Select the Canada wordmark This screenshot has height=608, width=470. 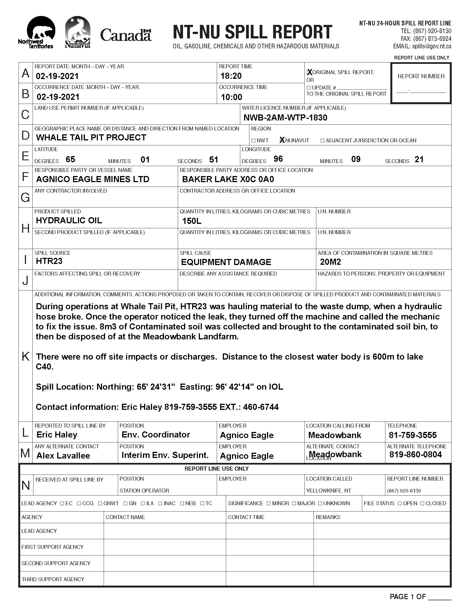pyautogui.click(x=126, y=35)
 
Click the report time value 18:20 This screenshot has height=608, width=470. pyautogui.click(x=231, y=76)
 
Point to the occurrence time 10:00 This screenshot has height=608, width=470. pyautogui.click(x=231, y=97)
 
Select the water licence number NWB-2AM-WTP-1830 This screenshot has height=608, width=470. pyautogui.click(x=285, y=118)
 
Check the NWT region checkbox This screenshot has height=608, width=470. pyautogui.click(x=253, y=141)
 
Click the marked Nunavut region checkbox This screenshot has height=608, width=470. pyautogui.click(x=282, y=140)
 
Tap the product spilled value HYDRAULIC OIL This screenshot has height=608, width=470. pyautogui.click(x=69, y=221)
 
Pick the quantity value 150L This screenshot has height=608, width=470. pyautogui.click(x=192, y=221)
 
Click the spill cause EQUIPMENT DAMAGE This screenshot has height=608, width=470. pyautogui.click(x=226, y=262)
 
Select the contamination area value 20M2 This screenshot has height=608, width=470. pyautogui.click(x=330, y=262)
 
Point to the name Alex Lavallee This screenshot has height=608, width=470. pyautogui.click(x=63, y=456)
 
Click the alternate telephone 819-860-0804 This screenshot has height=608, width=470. pyautogui.click(x=416, y=455)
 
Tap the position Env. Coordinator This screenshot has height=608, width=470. pyautogui.click(x=156, y=434)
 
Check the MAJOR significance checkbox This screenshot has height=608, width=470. pyautogui.click(x=294, y=503)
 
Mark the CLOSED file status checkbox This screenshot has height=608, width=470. pyautogui.click(x=422, y=503)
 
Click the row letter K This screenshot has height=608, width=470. pyautogui.click(x=25, y=356)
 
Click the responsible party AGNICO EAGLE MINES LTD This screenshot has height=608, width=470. pyautogui.click(x=92, y=179)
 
